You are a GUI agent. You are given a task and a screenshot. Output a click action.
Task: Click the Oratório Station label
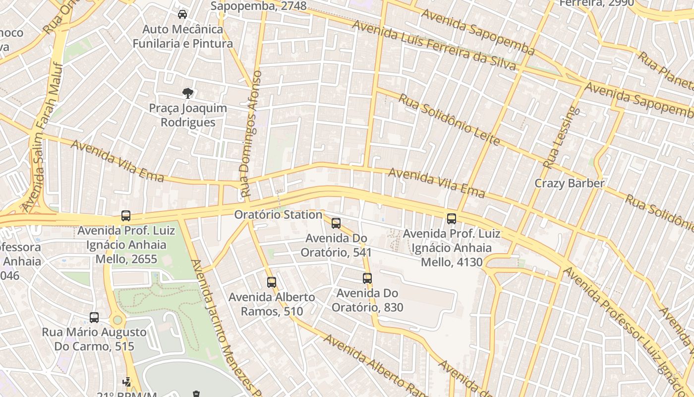coord(278,215)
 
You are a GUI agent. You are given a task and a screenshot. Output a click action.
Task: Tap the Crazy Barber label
coord(569,183)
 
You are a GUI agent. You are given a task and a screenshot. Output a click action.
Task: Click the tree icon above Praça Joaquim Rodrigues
coord(187,93)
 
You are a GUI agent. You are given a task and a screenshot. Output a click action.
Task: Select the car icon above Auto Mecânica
coord(182,14)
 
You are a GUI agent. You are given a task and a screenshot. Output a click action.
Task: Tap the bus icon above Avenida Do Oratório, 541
coord(336,223)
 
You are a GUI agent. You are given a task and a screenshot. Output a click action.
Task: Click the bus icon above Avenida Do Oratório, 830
coord(367,278)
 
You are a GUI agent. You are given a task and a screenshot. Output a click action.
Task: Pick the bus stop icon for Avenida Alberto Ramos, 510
coord(272,282)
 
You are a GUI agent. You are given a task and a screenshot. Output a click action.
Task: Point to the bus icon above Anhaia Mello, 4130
coord(452,219)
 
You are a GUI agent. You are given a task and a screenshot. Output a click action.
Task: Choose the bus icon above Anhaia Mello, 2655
coord(126,216)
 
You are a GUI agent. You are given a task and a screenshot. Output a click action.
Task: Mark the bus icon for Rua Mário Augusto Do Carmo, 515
coord(94,318)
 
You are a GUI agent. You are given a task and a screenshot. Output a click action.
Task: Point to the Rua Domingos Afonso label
coord(250,134)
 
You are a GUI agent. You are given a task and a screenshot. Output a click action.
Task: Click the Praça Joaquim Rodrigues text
coord(188,115)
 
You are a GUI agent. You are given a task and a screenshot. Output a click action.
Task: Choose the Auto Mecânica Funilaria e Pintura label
coord(182,36)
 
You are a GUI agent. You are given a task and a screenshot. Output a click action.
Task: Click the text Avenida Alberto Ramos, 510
coord(272,304)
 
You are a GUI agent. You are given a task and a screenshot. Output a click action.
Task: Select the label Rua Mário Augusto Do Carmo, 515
coord(94,339)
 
